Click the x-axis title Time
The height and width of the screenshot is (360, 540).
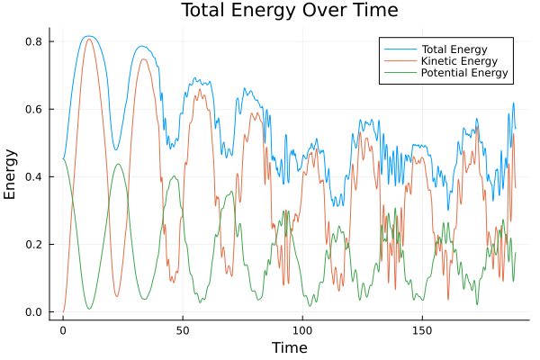point(290,347)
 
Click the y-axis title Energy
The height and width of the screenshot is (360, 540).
point(11,175)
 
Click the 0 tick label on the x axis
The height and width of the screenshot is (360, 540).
point(63,330)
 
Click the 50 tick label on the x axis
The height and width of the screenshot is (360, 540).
point(183,330)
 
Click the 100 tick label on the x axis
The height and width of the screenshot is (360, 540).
point(302,330)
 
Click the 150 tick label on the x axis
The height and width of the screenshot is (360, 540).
point(422,330)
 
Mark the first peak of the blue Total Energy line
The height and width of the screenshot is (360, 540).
point(87,36)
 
